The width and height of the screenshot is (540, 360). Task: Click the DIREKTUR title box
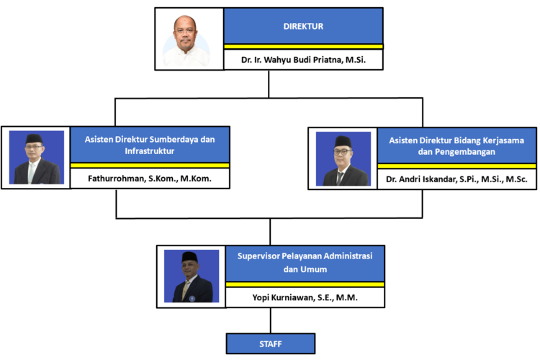click(x=303, y=25)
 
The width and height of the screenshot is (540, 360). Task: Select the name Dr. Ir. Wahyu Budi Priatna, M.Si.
click(x=304, y=60)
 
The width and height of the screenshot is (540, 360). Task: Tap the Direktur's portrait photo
click(x=189, y=40)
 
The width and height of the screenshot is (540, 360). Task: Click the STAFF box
click(x=270, y=343)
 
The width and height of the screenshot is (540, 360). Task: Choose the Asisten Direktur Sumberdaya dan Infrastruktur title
click(x=150, y=144)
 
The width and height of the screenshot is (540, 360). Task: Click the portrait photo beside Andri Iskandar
click(x=343, y=158)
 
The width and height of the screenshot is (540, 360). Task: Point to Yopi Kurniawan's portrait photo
click(x=192, y=276)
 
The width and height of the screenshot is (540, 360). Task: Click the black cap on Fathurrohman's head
click(x=35, y=138)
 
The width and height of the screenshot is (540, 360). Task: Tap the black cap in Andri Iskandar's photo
click(x=343, y=140)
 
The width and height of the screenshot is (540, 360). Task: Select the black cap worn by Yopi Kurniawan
click(x=191, y=256)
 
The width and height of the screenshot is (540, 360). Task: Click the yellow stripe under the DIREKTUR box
click(x=303, y=47)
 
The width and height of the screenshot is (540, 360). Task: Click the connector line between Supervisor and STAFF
click(x=270, y=320)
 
